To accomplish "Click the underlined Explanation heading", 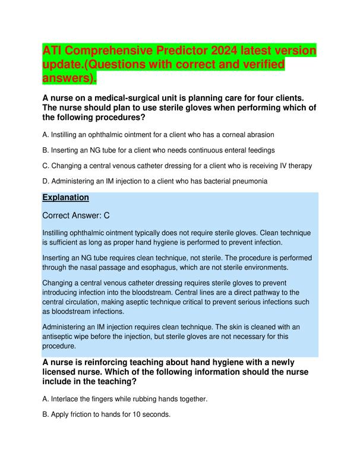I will click(66, 197).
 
